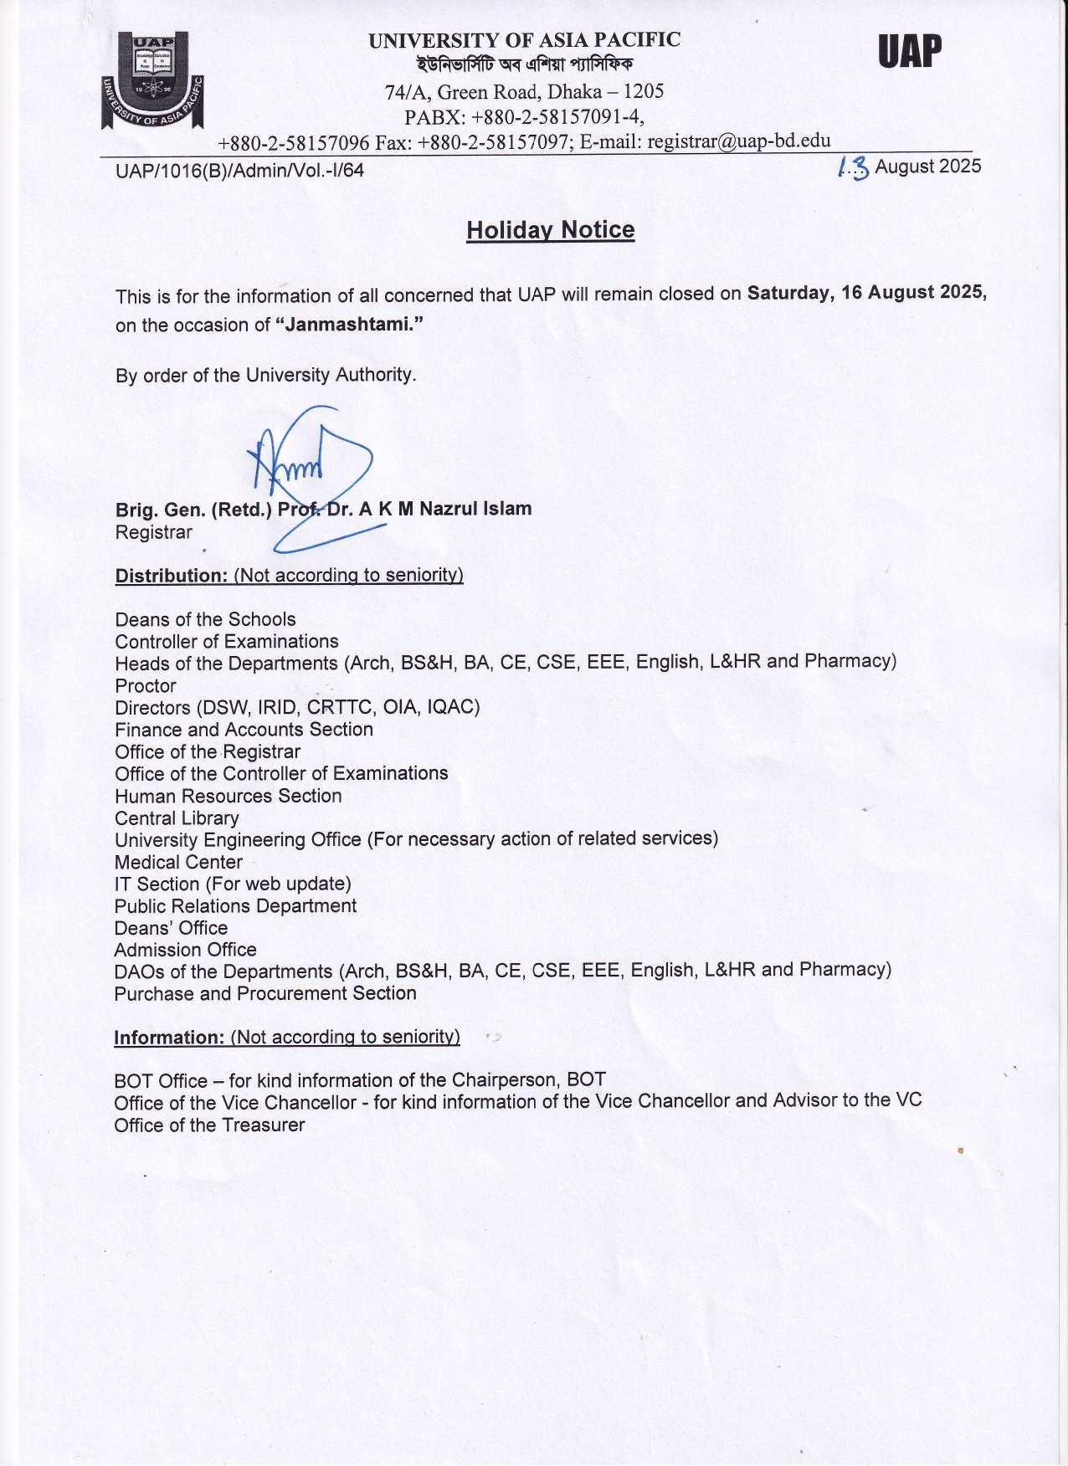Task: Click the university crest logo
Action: click(x=152, y=80)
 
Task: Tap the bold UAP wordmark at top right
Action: click(x=910, y=52)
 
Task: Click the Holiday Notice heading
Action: click(x=550, y=230)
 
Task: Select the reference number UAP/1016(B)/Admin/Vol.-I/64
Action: click(x=239, y=171)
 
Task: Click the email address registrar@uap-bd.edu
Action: click(x=738, y=141)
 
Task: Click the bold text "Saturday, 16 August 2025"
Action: click(x=865, y=293)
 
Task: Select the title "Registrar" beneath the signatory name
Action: click(x=154, y=532)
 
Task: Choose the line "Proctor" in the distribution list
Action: click(x=146, y=686)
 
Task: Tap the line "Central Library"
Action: click(x=177, y=818)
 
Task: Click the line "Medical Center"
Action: click(x=178, y=862)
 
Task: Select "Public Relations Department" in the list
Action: click(x=235, y=906)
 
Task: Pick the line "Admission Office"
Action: click(x=185, y=950)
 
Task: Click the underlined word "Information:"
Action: click(x=169, y=1038)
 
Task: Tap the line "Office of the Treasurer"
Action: click(x=209, y=1125)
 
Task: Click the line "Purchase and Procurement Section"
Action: click(x=265, y=993)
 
